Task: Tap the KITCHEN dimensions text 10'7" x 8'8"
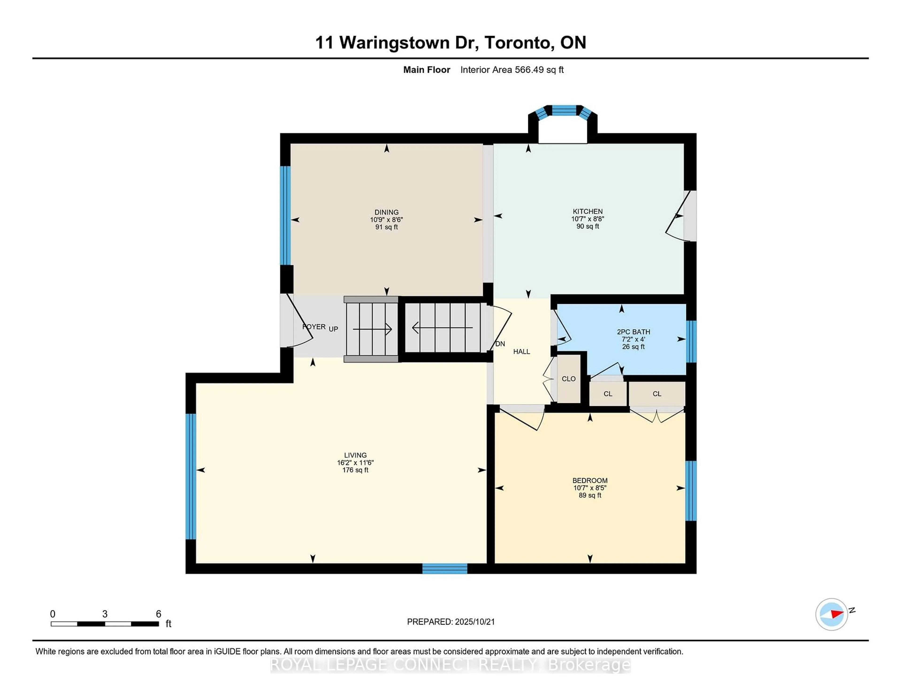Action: [x=588, y=219]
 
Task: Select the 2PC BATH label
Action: [x=633, y=332]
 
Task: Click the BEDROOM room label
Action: [x=590, y=480]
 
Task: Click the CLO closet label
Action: [x=569, y=379]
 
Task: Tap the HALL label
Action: [x=521, y=351]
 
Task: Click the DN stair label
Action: [x=500, y=344]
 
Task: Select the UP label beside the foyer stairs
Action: [x=333, y=329]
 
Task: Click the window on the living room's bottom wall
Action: [x=444, y=569]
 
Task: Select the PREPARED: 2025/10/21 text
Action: [x=450, y=621]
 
